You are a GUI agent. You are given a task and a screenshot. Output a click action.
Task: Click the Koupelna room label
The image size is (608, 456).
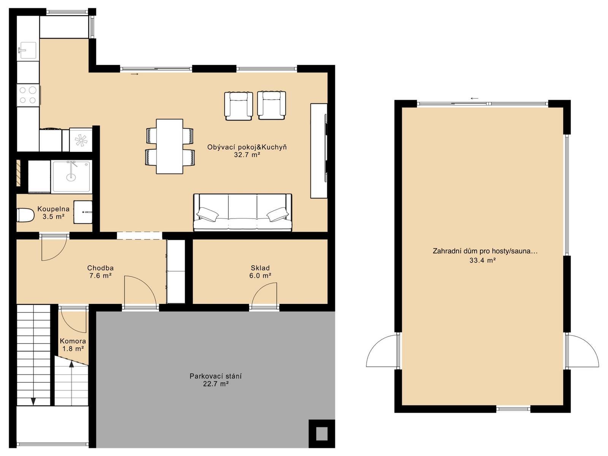tap(54, 209)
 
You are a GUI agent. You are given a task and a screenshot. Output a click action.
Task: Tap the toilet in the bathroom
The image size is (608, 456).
tap(25, 215)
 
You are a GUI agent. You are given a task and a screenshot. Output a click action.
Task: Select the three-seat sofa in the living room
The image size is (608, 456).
tap(243, 212)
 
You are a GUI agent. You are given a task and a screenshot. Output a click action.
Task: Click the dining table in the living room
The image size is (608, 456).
tap(169, 146)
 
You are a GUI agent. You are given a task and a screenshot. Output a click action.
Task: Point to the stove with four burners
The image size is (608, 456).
tap(28, 95)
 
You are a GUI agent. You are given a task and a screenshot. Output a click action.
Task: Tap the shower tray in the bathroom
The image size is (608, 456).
tap(72, 176)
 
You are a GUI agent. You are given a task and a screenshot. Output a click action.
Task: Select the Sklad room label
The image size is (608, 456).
tap(260, 268)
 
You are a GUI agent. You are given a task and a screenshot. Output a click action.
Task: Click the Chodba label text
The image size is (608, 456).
tap(100, 268)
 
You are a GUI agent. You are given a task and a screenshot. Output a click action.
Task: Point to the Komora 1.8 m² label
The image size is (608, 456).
tap(73, 345)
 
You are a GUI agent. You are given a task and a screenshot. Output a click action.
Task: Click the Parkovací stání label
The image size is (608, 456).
tap(215, 376)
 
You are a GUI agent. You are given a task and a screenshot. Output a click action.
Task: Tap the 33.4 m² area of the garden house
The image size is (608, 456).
tap(482, 260)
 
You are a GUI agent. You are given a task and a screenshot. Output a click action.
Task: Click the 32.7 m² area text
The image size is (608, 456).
tap(247, 155)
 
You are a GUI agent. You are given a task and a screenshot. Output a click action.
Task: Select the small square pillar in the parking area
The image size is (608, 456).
tap(321, 434)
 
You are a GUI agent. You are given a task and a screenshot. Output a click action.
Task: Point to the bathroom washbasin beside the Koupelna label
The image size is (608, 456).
tap(83, 212)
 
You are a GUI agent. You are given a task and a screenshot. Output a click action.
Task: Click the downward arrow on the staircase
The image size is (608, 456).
tap(33, 401)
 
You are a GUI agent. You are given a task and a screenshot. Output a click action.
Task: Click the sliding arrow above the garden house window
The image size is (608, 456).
tap(475, 98)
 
